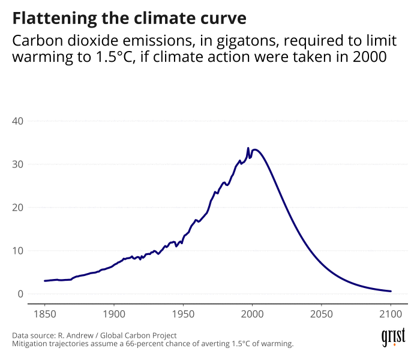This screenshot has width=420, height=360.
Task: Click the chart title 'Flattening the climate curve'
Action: (129, 18)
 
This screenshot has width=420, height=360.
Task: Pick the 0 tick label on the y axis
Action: (20, 294)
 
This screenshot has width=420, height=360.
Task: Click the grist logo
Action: (393, 337)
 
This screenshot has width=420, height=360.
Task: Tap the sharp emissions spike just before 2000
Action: (248, 148)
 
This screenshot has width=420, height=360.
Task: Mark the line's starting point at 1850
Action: (45, 281)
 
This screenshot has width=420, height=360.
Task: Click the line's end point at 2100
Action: (391, 291)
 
